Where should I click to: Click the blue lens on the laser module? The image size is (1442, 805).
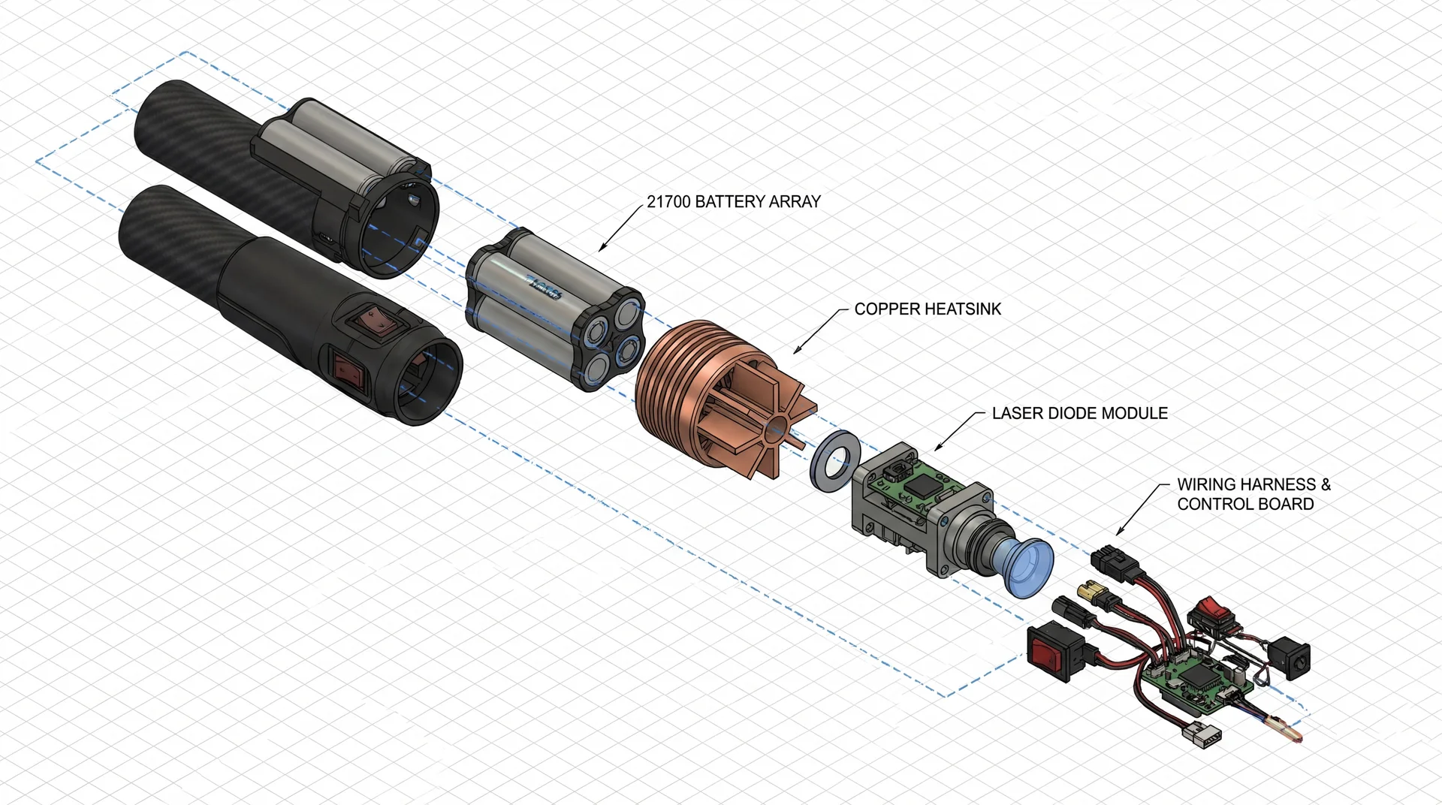(1023, 567)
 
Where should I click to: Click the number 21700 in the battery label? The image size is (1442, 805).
(668, 201)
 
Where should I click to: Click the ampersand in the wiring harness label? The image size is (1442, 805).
(1325, 484)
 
